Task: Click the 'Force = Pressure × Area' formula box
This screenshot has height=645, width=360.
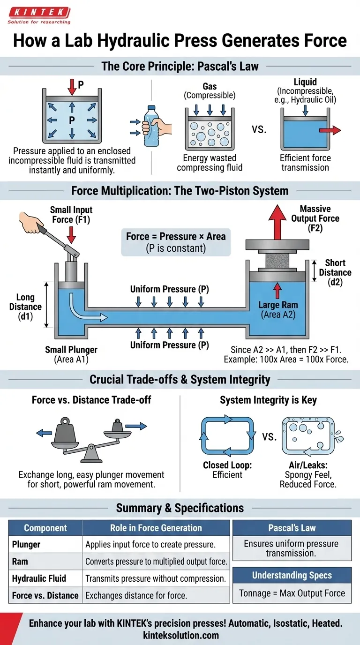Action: pyautogui.click(x=176, y=242)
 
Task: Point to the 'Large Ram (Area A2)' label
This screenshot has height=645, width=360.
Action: pyautogui.click(x=278, y=310)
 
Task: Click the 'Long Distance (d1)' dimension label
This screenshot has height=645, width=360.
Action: pyautogui.click(x=25, y=307)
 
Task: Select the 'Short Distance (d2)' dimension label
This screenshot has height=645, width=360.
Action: pyautogui.click(x=335, y=272)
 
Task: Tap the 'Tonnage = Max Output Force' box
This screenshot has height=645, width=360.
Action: pyautogui.click(x=292, y=593)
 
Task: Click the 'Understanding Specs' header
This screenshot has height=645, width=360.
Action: pyautogui.click(x=292, y=575)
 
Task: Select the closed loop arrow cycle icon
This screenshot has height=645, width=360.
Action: pyautogui.click(x=227, y=435)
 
